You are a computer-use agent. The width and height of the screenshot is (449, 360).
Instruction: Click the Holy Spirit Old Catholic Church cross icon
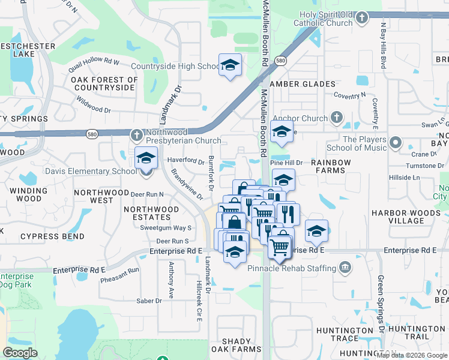(361, 17)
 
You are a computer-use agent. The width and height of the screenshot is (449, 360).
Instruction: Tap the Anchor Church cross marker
(337, 118)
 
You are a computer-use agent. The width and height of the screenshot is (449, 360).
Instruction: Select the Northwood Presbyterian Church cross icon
(137, 133)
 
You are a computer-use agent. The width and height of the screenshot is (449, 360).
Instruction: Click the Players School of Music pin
(395, 143)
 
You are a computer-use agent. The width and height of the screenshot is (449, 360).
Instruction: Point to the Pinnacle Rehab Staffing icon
(345, 266)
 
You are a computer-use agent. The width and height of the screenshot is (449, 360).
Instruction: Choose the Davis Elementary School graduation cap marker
(146, 159)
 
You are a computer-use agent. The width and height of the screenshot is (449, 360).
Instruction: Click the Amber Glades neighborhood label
(302, 84)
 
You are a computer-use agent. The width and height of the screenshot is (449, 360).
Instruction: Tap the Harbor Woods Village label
(405, 217)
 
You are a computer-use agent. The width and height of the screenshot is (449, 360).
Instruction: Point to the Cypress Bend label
(47, 236)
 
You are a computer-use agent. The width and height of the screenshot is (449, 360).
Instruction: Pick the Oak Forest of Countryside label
(104, 83)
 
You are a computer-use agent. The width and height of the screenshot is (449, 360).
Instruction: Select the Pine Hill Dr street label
(288, 163)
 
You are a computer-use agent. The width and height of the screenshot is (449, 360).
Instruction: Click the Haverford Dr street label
(185, 160)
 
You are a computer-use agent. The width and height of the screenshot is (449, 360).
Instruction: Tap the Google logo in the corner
(20, 353)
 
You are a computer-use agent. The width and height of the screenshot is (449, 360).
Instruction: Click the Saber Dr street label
(149, 301)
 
